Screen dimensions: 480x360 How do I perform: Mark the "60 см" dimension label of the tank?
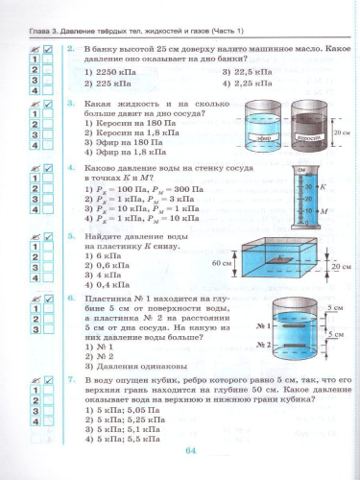click(x=224, y=261)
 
